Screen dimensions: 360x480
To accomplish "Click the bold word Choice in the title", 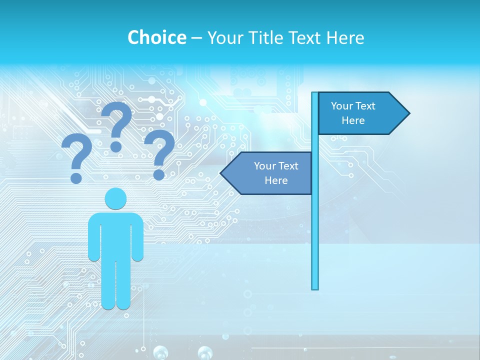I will click(x=156, y=37).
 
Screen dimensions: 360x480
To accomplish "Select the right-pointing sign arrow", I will click(x=362, y=113).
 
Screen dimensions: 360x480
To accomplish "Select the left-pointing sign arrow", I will click(x=267, y=173).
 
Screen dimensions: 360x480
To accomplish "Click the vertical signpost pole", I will click(x=315, y=225).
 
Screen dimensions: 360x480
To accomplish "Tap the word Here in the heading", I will click(x=344, y=37).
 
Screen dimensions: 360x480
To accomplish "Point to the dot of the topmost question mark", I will click(x=116, y=146).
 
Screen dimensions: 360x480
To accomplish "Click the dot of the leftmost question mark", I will click(x=76, y=178).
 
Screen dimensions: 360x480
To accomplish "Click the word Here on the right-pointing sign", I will click(x=353, y=120).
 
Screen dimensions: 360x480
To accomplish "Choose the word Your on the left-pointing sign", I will click(x=264, y=166).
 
